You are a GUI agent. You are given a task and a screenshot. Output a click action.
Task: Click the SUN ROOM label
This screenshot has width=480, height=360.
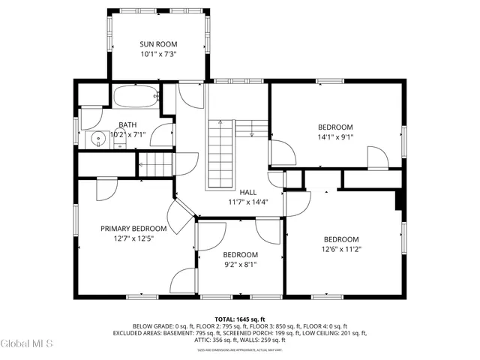pyautogui.click(x=157, y=43)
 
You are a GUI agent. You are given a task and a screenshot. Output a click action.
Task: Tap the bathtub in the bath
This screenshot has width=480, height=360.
pyautogui.click(x=136, y=97)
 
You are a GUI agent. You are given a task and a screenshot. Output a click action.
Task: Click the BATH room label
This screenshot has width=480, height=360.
pyautogui.click(x=127, y=125)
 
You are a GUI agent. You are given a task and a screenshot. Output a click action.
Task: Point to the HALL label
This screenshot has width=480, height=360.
pyautogui.click(x=247, y=192)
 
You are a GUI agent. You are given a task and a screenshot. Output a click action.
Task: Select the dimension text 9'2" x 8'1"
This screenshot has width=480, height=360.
pyautogui.click(x=240, y=264)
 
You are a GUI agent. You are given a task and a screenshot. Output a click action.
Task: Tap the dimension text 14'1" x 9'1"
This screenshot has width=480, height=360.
pyautogui.click(x=335, y=137)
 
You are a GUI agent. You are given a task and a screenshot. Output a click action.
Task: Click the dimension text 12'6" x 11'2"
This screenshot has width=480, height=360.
pyautogui.click(x=340, y=249)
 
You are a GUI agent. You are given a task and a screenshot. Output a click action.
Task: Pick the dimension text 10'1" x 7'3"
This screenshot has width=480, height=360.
pyautogui.click(x=157, y=54)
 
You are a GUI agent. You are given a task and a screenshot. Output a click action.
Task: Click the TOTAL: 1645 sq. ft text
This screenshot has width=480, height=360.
pyautogui.click(x=240, y=319)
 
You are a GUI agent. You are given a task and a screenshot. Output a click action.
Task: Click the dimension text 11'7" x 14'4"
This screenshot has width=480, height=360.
pyautogui.click(x=247, y=202)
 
